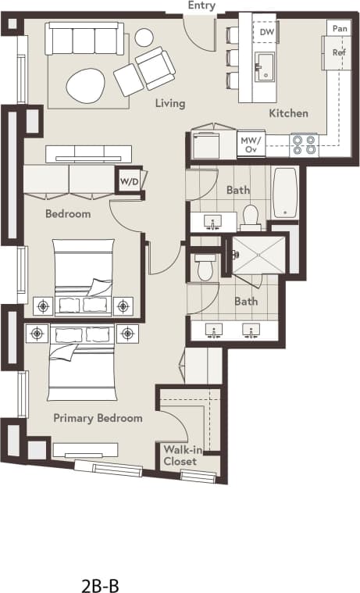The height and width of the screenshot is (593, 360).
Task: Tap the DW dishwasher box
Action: click(x=267, y=32)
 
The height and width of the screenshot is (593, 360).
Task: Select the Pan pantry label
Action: click(x=340, y=28)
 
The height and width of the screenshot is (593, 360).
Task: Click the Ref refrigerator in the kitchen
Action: click(x=339, y=53)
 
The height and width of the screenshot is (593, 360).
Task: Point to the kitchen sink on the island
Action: click(x=266, y=66)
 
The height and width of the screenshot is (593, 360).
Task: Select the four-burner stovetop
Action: click(x=305, y=145)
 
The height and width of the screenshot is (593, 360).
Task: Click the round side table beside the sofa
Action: click(x=144, y=37)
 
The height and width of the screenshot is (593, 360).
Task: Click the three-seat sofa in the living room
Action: click(x=85, y=38)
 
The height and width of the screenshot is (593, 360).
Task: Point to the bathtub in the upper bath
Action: click(x=285, y=192)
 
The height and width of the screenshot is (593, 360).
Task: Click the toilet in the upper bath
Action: click(x=251, y=216)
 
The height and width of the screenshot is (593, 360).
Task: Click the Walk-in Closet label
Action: click(x=180, y=455)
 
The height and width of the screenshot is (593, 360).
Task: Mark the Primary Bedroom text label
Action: click(x=98, y=418)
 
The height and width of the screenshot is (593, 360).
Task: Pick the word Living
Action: click(x=169, y=103)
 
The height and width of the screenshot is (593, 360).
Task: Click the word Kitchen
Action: click(x=288, y=113)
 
